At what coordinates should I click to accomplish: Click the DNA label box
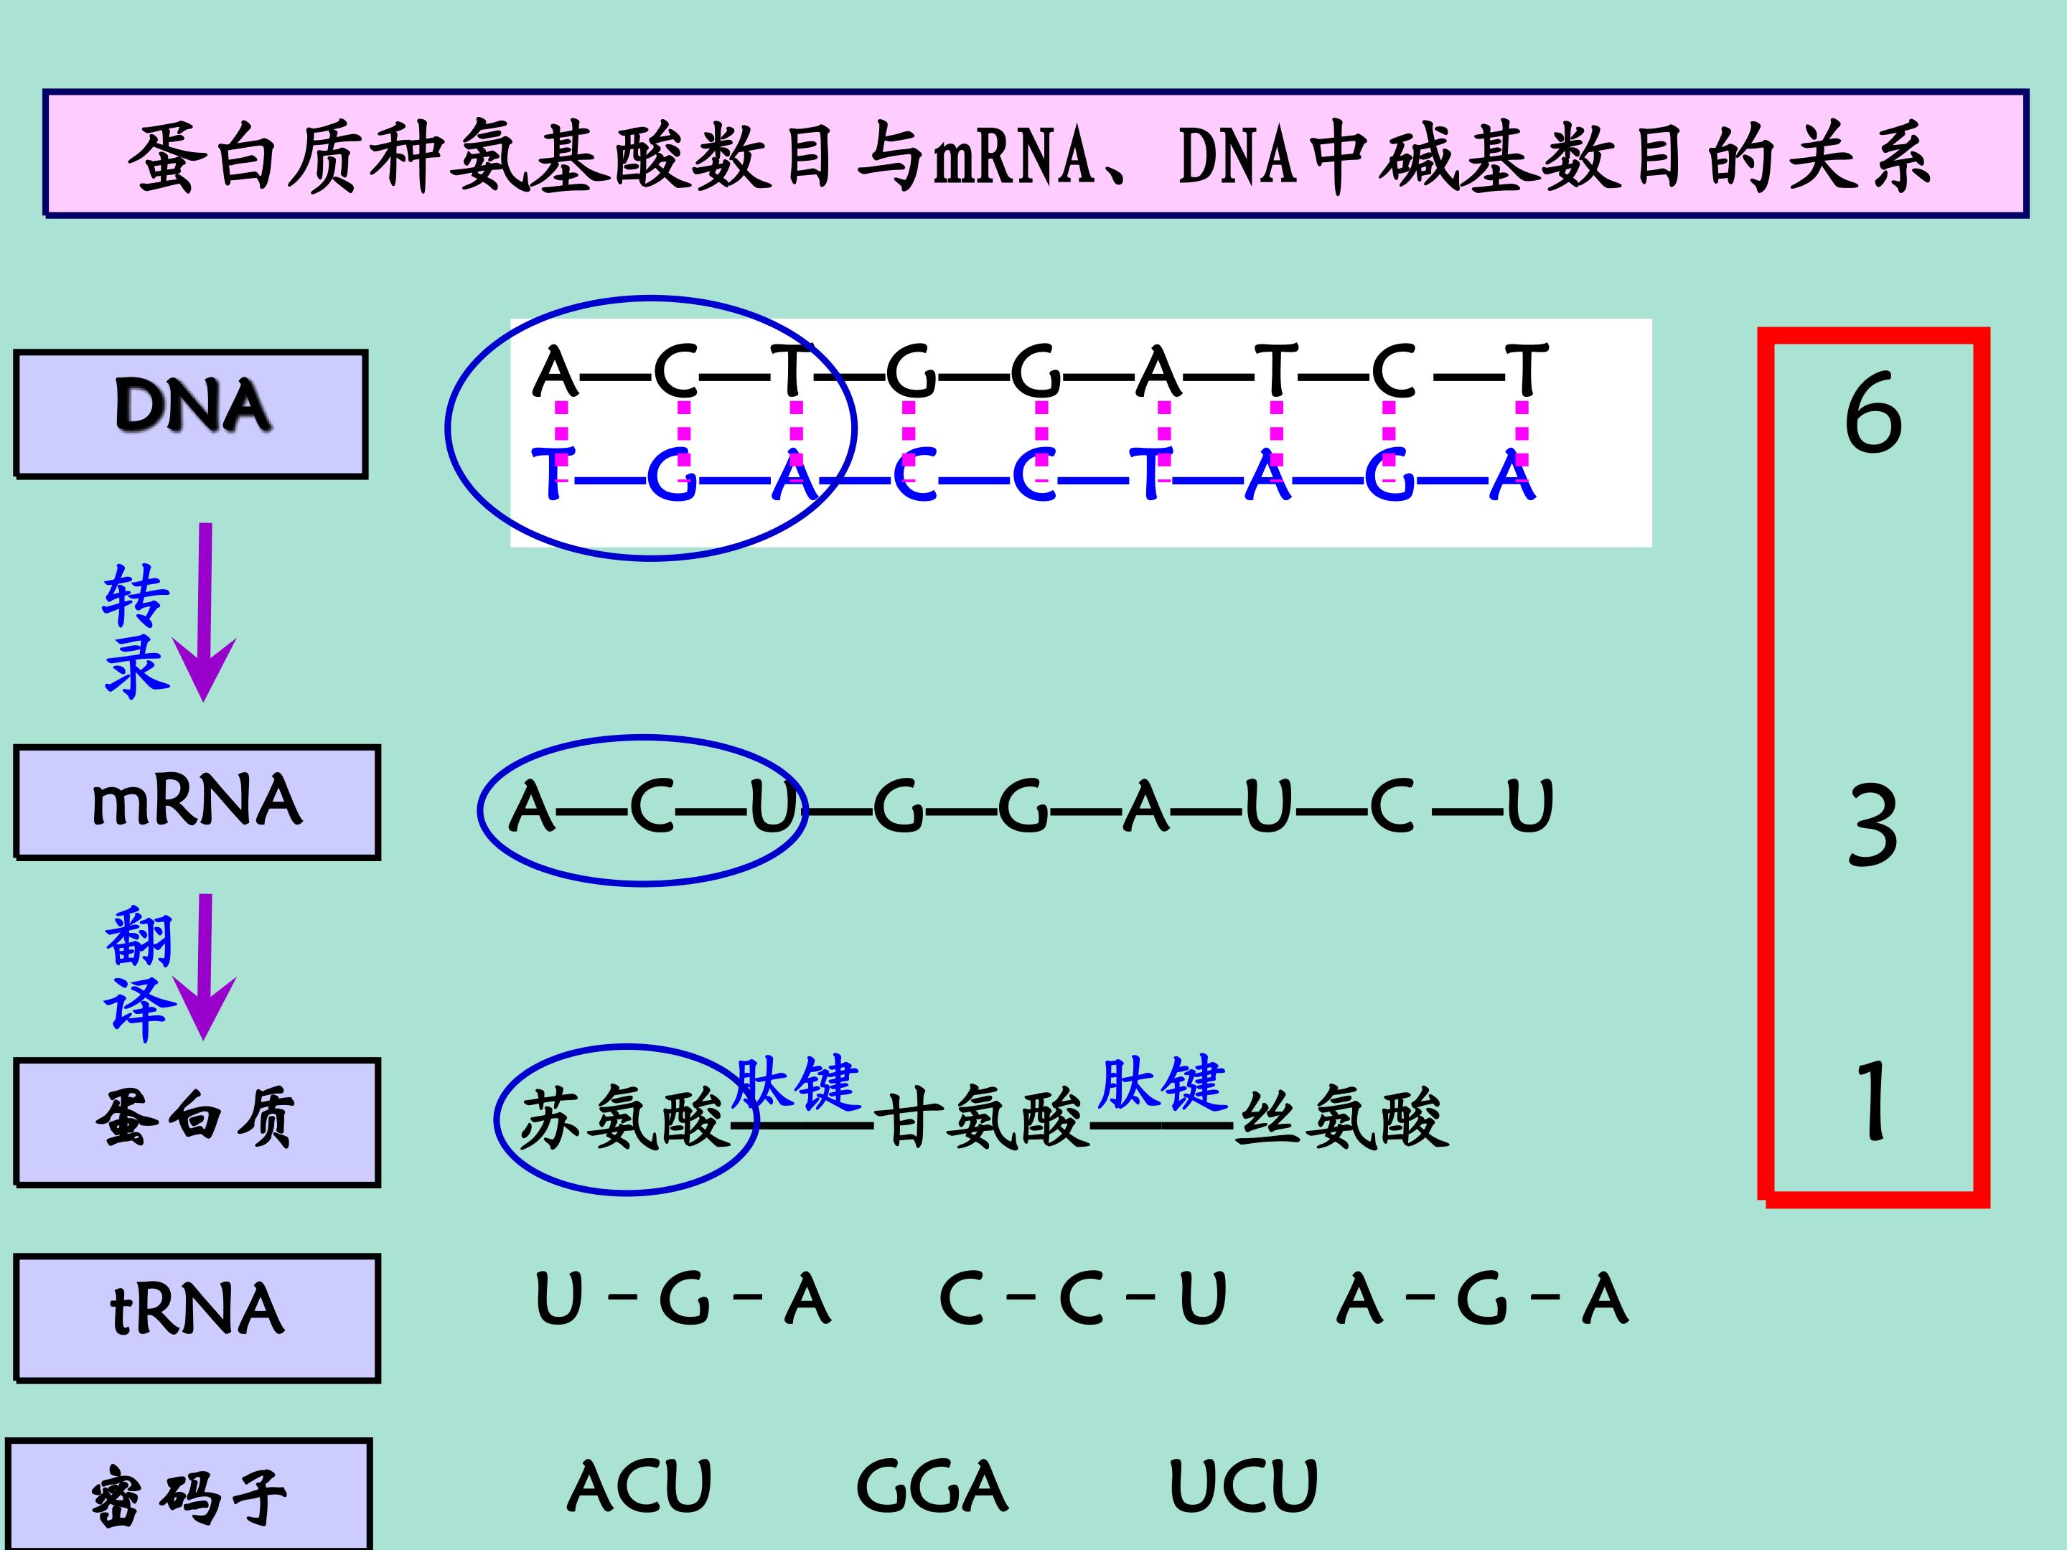pyautogui.click(x=192, y=414)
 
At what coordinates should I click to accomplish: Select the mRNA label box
pyautogui.click(x=197, y=802)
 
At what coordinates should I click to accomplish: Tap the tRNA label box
pyautogui.click(x=197, y=1317)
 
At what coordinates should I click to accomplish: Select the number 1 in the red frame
pyautogui.click(x=1873, y=1102)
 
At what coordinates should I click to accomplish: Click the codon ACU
pyautogui.click(x=639, y=1486)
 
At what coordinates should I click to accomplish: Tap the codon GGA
pyautogui.click(x=932, y=1486)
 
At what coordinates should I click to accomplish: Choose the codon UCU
pyautogui.click(x=1243, y=1486)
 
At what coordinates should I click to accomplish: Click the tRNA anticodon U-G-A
pyautogui.click(x=682, y=1300)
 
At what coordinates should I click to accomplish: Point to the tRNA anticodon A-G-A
pyautogui.click(x=1482, y=1300)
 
